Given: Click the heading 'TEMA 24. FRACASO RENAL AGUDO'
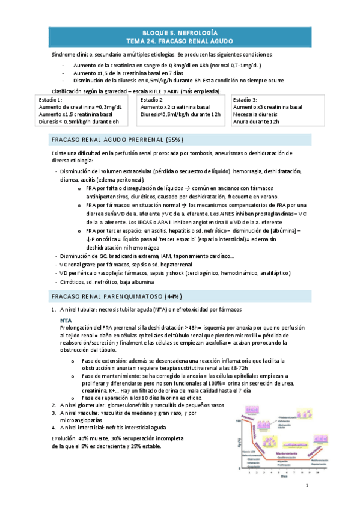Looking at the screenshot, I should coord(180,41).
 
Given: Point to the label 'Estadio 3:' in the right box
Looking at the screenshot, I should coord(245,99).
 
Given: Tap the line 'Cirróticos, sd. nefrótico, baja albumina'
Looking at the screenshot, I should coord(106,281).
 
